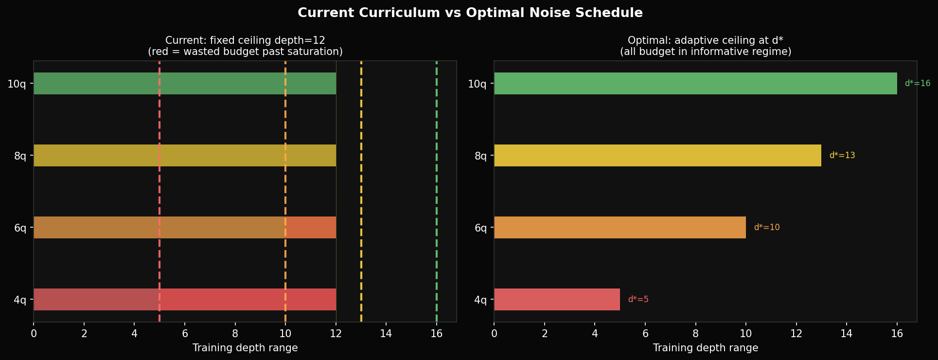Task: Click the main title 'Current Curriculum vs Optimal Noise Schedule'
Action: [470, 13]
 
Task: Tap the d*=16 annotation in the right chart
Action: [917, 84]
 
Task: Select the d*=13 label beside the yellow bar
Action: [842, 156]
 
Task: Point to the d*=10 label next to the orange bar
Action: [766, 228]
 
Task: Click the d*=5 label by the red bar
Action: [638, 300]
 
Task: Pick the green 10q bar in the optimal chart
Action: [695, 84]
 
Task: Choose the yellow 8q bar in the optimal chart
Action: [657, 156]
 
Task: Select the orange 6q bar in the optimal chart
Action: [619, 228]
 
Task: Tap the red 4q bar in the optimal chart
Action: [557, 300]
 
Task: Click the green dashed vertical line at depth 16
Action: [437, 195]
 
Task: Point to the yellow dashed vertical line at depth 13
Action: [361, 195]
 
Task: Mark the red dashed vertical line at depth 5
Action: [159, 195]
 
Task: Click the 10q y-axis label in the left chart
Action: [17, 84]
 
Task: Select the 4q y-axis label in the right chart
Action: [480, 300]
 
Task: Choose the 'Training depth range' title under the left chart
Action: [245, 348]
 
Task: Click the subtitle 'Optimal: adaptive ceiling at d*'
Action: [705, 40]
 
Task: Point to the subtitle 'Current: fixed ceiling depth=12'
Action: [245, 40]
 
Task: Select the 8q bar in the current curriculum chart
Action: [185, 156]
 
